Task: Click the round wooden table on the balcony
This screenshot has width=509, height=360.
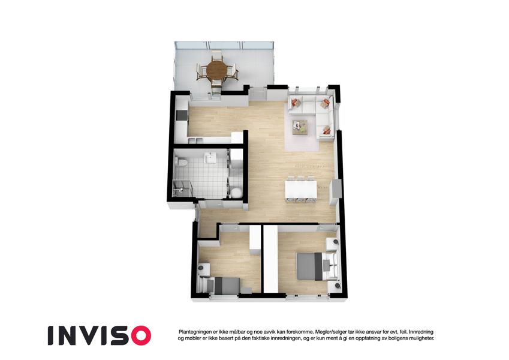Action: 217,69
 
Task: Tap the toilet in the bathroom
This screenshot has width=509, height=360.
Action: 180,162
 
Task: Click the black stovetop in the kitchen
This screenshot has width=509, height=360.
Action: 181,115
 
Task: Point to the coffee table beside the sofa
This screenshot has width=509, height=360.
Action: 300,127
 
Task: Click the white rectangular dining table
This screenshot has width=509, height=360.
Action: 301,190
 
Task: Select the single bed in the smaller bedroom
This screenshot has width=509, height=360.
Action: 220,286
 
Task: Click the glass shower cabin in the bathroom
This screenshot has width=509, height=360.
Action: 182,188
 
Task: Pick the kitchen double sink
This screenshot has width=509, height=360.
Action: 195,140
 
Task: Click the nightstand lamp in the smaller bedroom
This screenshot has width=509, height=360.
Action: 201,268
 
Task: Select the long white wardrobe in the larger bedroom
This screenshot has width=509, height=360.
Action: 270,259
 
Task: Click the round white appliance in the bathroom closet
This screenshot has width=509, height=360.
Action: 236,193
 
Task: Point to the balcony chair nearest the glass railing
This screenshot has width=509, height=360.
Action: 216,55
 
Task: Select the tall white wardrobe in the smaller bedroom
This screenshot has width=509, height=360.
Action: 255,240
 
